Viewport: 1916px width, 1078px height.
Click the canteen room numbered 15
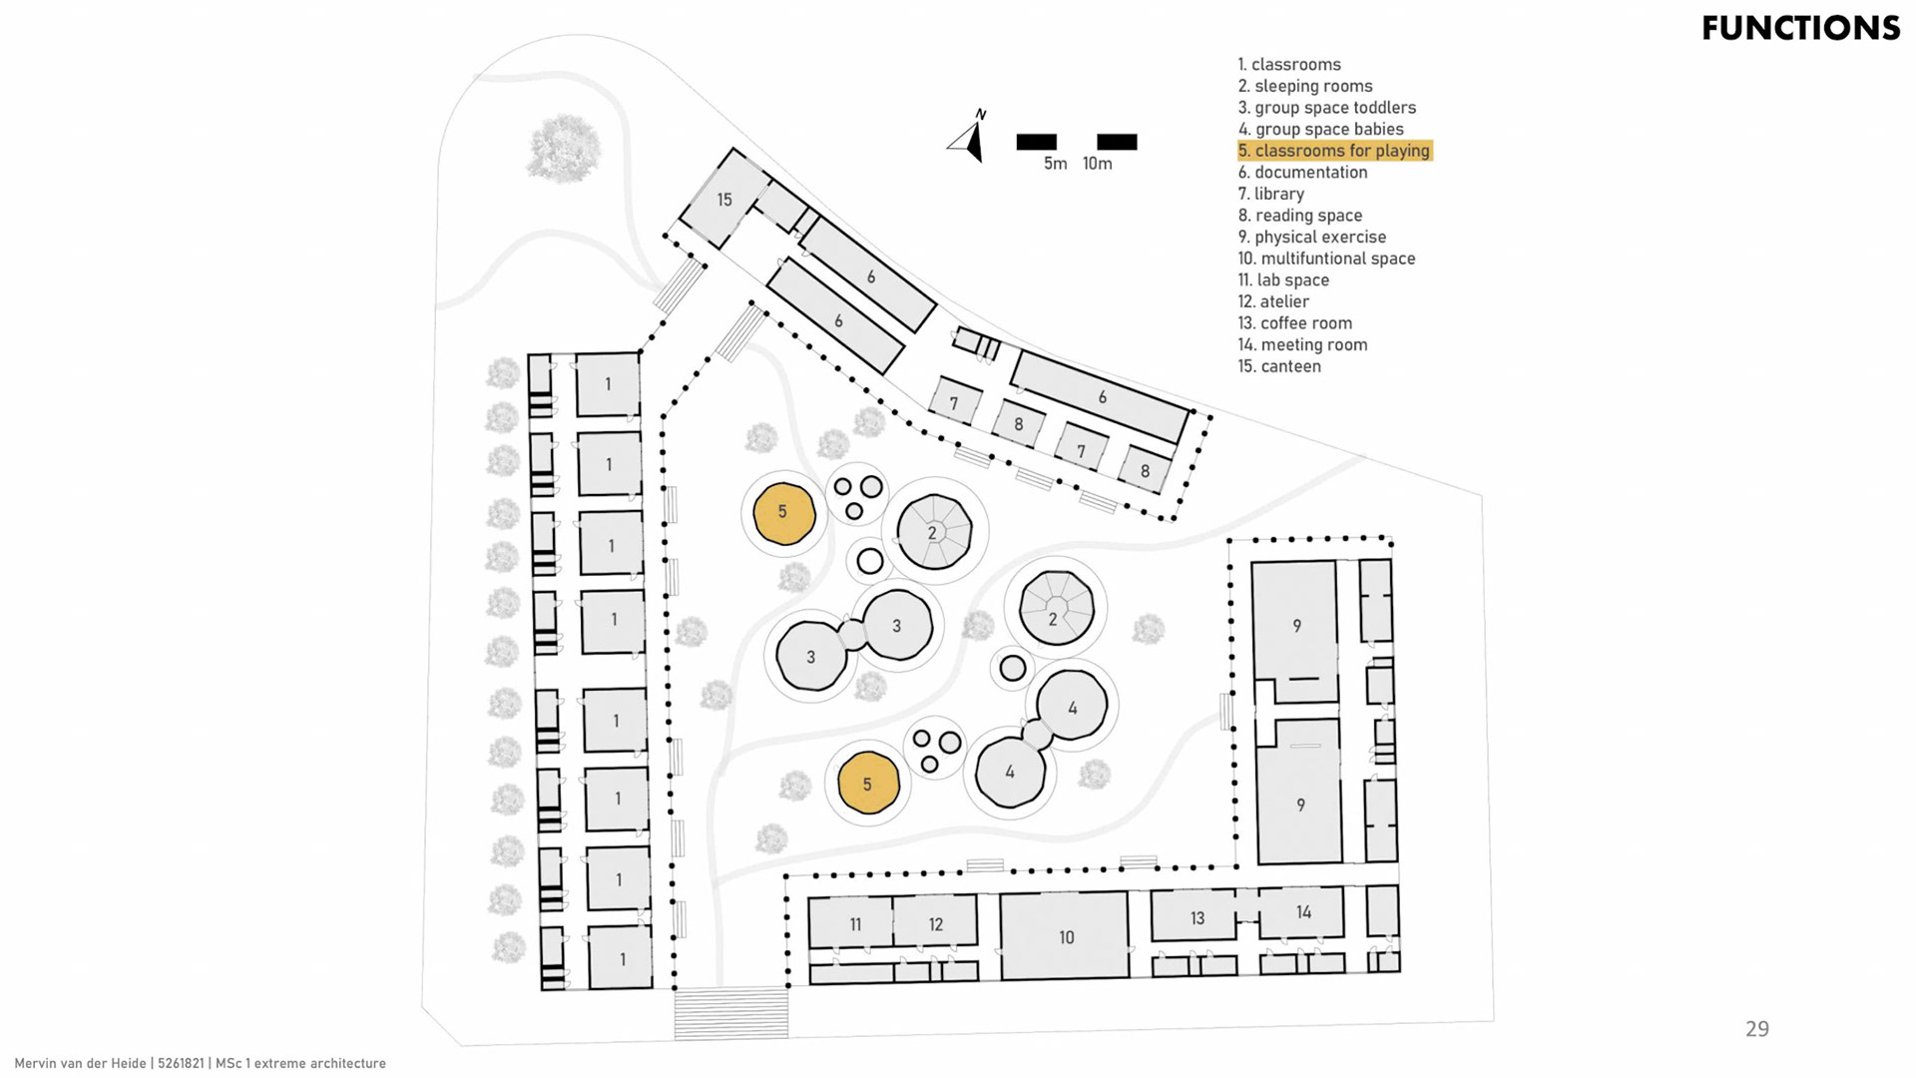tap(724, 200)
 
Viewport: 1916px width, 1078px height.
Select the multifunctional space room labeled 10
tap(1066, 936)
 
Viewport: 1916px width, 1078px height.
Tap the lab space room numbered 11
tap(854, 923)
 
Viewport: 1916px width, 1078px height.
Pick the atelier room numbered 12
tap(935, 923)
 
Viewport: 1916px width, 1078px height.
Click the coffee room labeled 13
tap(1197, 916)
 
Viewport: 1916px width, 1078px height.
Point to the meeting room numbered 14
tap(1302, 911)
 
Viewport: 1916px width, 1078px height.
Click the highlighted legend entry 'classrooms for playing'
tap(1334, 151)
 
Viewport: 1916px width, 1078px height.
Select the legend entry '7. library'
tap(1270, 194)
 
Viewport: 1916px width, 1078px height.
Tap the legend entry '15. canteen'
tap(1279, 366)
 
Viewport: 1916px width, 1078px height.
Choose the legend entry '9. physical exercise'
tap(1311, 237)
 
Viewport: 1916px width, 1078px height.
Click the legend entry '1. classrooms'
tap(1289, 64)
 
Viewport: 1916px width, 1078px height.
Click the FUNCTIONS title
tap(1800, 28)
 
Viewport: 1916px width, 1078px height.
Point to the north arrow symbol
tap(970, 138)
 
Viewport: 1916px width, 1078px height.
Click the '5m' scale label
tap(1055, 164)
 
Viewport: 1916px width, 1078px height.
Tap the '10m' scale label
tap(1097, 164)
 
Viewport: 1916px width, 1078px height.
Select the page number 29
tap(1756, 1029)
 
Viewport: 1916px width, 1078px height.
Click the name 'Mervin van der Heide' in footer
tap(81, 1064)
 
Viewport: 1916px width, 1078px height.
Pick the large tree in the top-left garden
tap(564, 147)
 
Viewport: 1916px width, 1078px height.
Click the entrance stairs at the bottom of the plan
tap(731, 1012)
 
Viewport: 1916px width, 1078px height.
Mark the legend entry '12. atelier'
tap(1273, 301)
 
